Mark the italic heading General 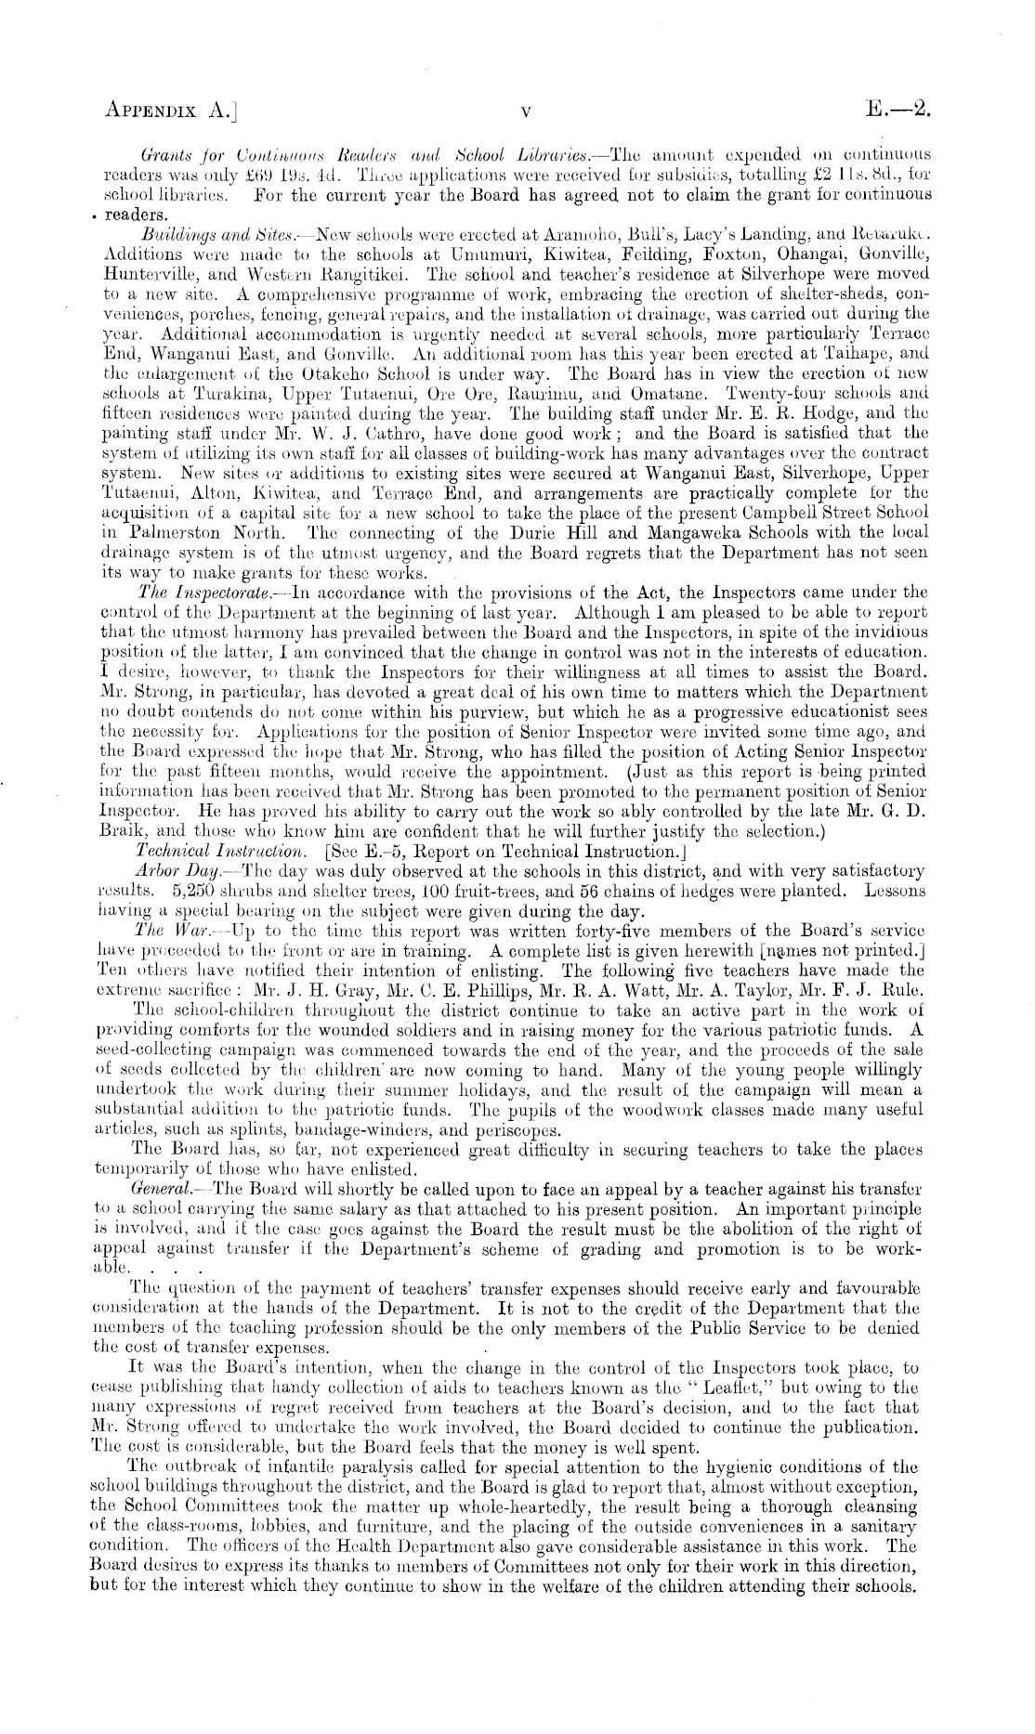164,1190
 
